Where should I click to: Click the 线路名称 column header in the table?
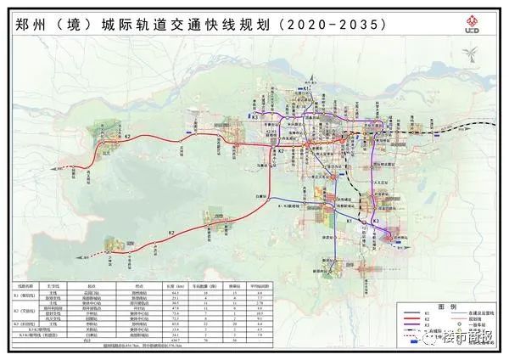[25, 288]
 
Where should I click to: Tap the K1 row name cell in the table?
[25, 297]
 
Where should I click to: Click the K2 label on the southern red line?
[171, 232]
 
